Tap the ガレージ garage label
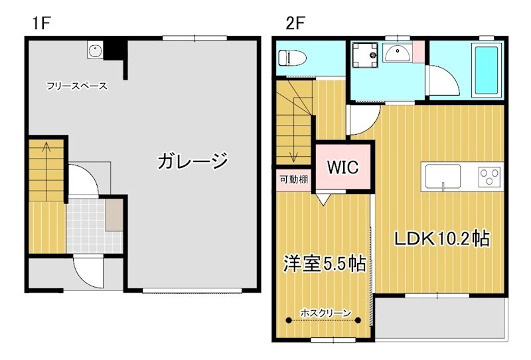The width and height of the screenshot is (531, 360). pos(192,161)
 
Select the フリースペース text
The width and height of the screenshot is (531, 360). pos(77,86)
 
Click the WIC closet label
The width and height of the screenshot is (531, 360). pos(343,167)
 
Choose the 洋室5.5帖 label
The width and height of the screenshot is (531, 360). pos(325,263)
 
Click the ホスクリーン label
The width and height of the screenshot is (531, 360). pos(325,312)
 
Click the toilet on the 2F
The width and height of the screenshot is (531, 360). pos(292,58)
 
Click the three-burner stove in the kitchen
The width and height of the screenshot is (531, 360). pos(489,176)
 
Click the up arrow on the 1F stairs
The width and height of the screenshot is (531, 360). pos(46,147)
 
